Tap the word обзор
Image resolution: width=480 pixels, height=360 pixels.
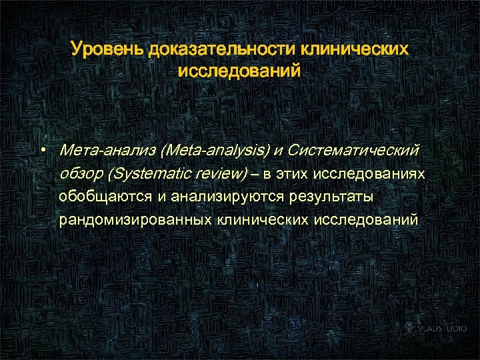coord(81,175)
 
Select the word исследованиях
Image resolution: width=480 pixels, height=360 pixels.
coord(369,175)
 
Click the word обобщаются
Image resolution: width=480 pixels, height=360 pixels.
coord(106,197)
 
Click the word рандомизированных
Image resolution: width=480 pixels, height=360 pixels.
coord(134,219)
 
